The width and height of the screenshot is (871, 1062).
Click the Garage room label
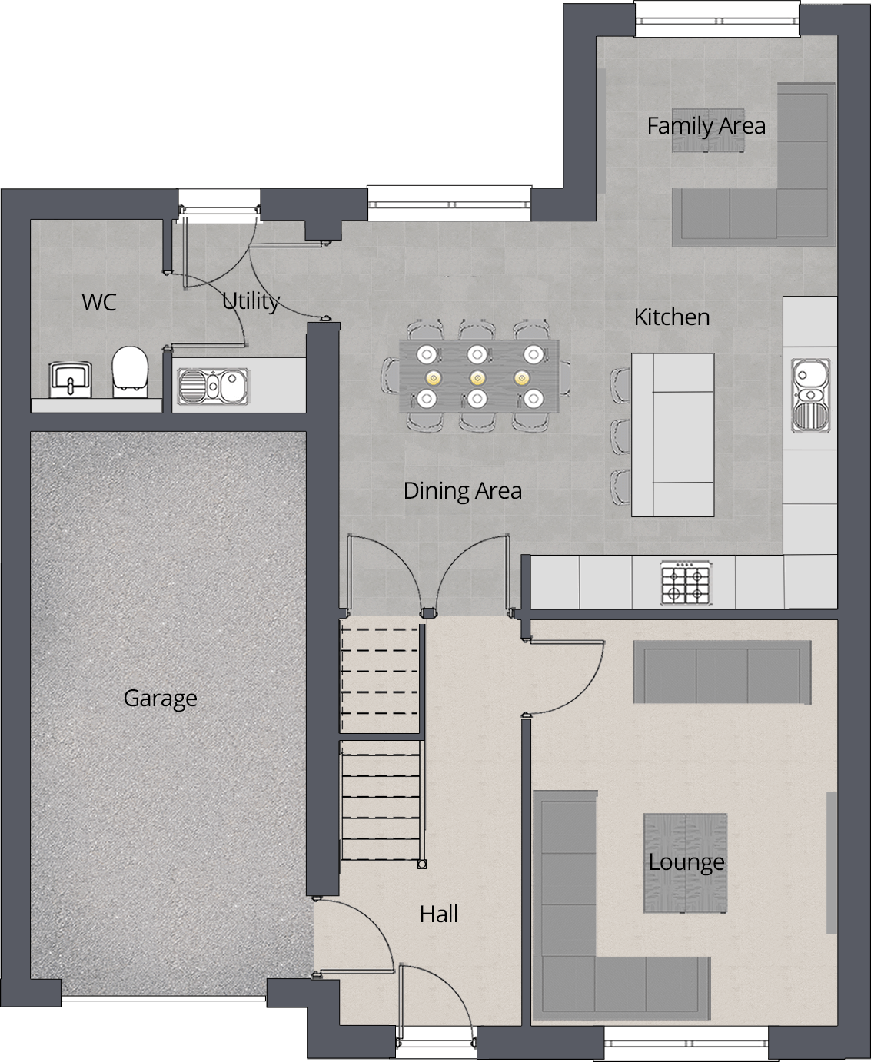160,698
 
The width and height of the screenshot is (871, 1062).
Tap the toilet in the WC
129,371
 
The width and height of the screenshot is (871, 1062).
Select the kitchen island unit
673,435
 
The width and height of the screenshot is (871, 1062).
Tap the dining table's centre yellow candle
477,377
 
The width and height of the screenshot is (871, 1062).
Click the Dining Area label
463,490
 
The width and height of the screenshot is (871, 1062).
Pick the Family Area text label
706,125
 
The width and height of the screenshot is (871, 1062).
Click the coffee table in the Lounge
685,863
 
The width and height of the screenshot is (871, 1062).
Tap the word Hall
439,914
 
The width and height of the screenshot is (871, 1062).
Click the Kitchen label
672,317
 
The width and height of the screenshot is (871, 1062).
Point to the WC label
99,302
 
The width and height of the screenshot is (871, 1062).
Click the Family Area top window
717,19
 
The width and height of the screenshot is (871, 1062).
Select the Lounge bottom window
687,1045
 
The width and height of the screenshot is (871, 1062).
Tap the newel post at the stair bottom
421,865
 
